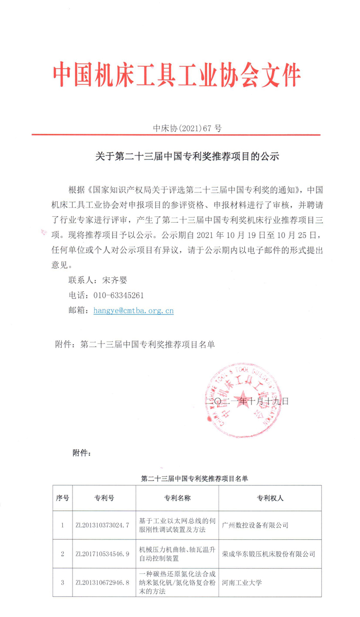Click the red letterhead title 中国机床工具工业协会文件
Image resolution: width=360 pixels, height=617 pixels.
click(x=177, y=76)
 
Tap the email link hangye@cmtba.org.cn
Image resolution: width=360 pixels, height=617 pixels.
click(x=133, y=310)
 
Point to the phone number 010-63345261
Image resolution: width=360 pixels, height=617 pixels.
click(x=118, y=295)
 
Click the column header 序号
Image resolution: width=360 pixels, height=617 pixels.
click(x=62, y=498)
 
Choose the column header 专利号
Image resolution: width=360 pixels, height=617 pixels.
click(x=104, y=498)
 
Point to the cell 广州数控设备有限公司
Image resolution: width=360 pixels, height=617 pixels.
click(x=255, y=525)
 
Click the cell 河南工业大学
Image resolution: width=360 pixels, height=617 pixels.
click(x=242, y=583)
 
